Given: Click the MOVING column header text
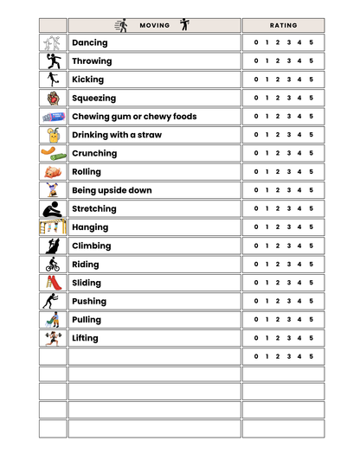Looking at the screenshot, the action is pyautogui.click(x=154, y=26).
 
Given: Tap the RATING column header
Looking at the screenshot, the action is pyautogui.click(x=283, y=26).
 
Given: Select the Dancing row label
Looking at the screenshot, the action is pyautogui.click(x=90, y=42).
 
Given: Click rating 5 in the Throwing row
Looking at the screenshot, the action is pyautogui.click(x=311, y=61).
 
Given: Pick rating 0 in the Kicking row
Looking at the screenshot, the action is pyautogui.click(x=256, y=80).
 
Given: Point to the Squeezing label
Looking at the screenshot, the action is pyautogui.click(x=93, y=98).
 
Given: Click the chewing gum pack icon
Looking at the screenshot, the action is pyautogui.click(x=53, y=116).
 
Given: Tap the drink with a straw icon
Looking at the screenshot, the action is pyautogui.click(x=53, y=135).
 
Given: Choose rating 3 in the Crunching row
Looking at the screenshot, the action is pyautogui.click(x=289, y=153).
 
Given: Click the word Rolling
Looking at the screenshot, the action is pyautogui.click(x=87, y=172).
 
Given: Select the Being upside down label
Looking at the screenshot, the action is pyautogui.click(x=112, y=190).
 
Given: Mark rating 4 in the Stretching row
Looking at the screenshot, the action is pyautogui.click(x=299, y=208).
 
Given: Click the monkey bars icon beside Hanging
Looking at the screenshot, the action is pyautogui.click(x=53, y=227).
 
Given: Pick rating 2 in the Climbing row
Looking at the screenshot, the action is pyautogui.click(x=278, y=246).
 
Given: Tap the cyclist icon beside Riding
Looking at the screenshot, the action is pyautogui.click(x=53, y=264).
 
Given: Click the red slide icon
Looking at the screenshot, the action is pyautogui.click(x=53, y=283).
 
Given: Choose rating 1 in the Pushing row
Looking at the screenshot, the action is pyautogui.click(x=267, y=301).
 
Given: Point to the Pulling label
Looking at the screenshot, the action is pyautogui.click(x=87, y=320).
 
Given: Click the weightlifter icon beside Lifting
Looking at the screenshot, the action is pyautogui.click(x=53, y=338).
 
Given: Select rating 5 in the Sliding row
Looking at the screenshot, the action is pyautogui.click(x=311, y=283).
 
